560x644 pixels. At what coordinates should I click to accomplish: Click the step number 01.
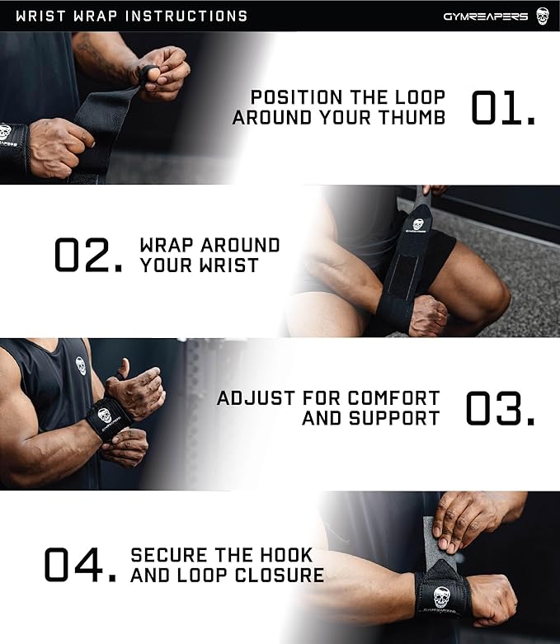[x=502, y=108]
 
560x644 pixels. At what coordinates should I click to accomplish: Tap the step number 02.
[x=88, y=255]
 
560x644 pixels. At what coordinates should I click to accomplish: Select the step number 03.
[x=500, y=408]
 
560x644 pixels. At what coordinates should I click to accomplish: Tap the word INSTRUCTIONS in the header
[x=183, y=16]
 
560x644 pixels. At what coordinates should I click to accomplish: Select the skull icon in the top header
[x=542, y=16]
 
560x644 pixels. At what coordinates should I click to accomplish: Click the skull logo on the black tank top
[x=82, y=365]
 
